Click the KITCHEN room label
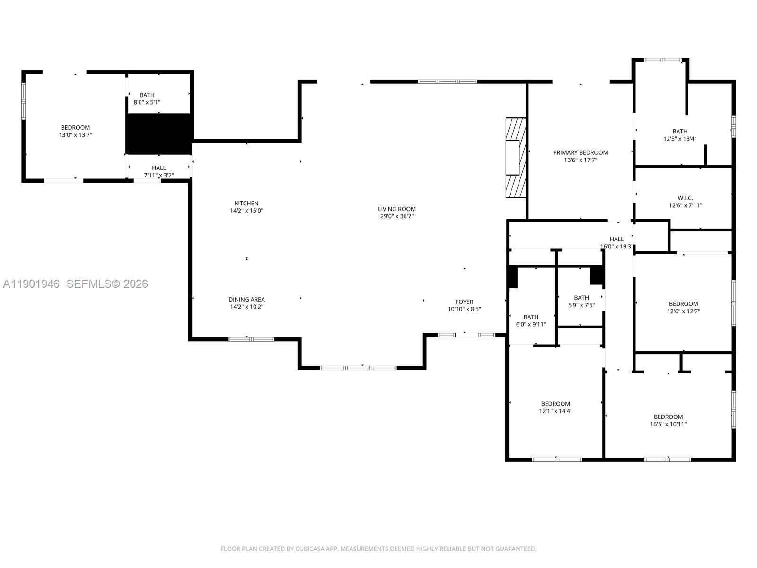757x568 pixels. (x=246, y=203)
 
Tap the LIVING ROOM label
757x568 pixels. (x=396, y=209)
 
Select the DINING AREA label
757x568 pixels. (x=246, y=299)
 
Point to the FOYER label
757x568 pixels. (x=464, y=302)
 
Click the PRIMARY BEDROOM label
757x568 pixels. (x=580, y=152)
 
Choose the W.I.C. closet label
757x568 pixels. (x=685, y=198)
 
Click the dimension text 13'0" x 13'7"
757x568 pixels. (x=75, y=135)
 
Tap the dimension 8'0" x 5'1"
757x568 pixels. (x=147, y=102)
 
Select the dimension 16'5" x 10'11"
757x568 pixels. (x=668, y=424)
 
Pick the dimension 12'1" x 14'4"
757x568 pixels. (x=555, y=411)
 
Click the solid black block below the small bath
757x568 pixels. (x=159, y=133)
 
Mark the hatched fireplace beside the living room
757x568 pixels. (x=515, y=157)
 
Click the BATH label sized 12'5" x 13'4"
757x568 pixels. (x=679, y=131)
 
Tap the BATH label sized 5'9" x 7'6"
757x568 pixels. (x=581, y=298)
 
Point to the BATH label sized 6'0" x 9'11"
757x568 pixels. (x=530, y=317)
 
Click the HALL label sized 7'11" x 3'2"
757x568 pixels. (x=159, y=168)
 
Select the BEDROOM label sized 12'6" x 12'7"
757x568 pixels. (x=683, y=304)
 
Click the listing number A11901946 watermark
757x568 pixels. (x=31, y=284)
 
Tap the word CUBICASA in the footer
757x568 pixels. (x=309, y=549)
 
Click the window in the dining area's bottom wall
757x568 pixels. (x=251, y=339)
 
